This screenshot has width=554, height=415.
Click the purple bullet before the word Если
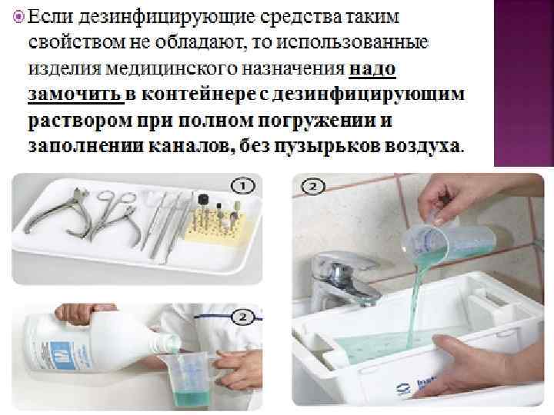18,16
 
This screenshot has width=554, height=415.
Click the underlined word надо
372,68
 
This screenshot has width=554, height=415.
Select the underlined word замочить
75,95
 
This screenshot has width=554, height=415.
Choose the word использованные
352,42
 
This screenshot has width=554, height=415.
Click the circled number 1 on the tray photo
242,186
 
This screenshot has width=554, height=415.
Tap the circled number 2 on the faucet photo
313,186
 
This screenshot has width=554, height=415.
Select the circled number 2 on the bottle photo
242,317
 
